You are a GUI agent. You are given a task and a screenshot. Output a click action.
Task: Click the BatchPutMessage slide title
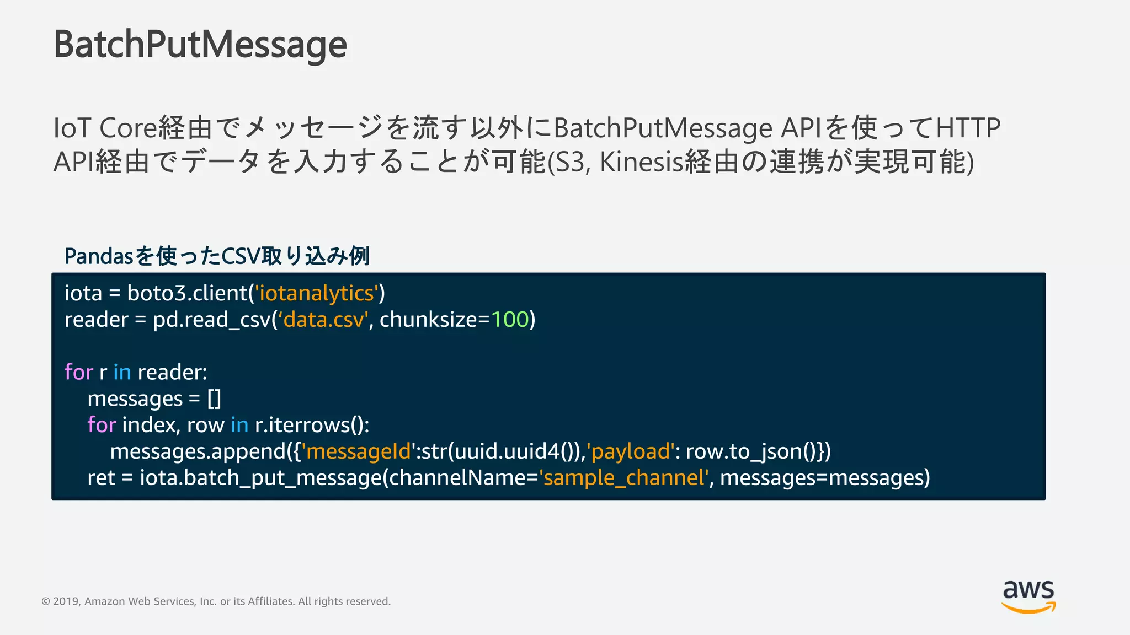tap(200, 44)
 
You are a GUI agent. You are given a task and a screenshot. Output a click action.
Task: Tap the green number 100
tap(510, 320)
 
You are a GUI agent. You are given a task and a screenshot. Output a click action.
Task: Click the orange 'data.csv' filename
tap(323, 320)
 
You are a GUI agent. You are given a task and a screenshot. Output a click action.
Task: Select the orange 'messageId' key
tap(359, 451)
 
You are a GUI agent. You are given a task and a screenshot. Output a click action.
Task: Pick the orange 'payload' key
tap(630, 451)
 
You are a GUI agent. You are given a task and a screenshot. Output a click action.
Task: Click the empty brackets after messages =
tap(214, 399)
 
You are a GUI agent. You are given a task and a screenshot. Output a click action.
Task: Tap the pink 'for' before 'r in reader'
tap(78, 373)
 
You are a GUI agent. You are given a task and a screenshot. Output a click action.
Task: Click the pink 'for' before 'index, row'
tap(102, 425)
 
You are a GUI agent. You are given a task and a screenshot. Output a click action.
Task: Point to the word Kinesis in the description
tap(641, 162)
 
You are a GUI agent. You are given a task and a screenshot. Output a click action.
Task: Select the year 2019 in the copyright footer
tap(66, 601)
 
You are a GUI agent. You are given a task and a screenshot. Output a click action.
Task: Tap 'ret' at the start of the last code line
tap(101, 478)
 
